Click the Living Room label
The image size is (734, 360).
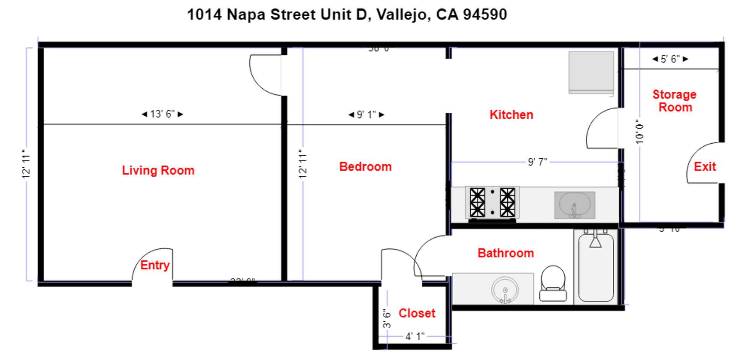pos(158,170)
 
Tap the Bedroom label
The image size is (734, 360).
pos(365,167)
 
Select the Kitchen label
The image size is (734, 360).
pos(511,115)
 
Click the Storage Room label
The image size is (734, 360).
pos(674,101)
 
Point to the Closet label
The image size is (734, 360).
pos(417,313)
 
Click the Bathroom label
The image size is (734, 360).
pos(505,253)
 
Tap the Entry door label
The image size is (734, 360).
pos(155,265)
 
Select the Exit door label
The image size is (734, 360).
pos(705,167)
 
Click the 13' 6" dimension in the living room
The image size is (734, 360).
pos(162,114)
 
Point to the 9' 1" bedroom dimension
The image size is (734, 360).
pos(366,115)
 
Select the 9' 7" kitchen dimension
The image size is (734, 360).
pos(537,162)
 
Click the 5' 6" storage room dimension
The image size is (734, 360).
pos(670,59)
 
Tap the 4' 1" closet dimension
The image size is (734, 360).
pos(415,336)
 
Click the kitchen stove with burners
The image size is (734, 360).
pos(492,203)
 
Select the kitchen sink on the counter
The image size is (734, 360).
pos(575,205)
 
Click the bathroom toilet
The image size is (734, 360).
pos(553,283)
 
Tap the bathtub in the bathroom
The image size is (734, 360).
pos(596,268)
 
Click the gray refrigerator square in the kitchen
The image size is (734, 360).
pos(591,72)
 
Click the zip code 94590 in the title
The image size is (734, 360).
pos(485,15)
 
